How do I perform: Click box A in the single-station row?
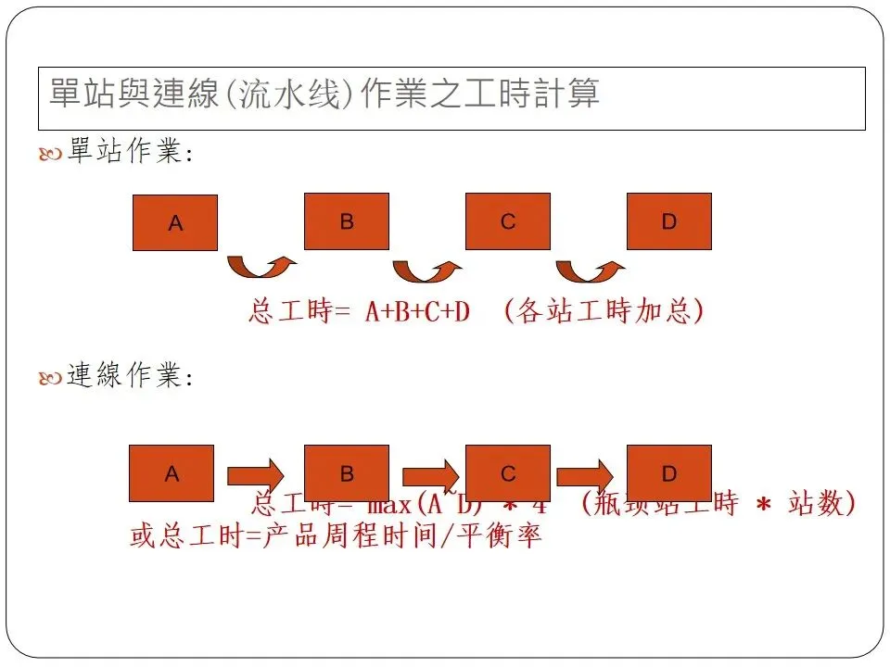tap(175, 222)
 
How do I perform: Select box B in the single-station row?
tap(347, 221)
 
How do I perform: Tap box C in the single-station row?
tap(508, 221)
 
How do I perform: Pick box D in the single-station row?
tap(669, 221)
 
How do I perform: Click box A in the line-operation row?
tap(172, 473)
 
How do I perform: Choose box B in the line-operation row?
tap(347, 473)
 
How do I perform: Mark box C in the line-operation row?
tap(508, 473)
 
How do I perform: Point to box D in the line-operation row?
tap(669, 473)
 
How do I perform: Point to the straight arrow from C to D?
tap(589, 474)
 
